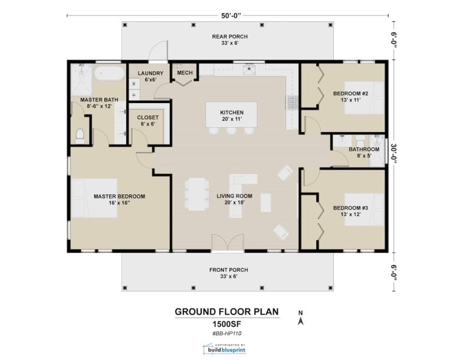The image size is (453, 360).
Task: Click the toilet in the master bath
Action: click(x=80, y=136)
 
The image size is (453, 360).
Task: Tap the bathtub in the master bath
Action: click(x=110, y=73)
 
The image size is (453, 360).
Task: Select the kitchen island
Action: click(x=231, y=115)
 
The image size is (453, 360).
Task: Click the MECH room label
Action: click(x=185, y=72)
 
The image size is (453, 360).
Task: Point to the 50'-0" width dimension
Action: click(x=231, y=15)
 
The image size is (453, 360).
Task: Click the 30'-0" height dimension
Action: click(x=393, y=156)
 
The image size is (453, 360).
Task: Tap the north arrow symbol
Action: click(x=300, y=318)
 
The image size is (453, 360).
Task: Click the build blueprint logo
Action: click(x=225, y=348)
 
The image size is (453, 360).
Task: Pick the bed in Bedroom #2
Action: click(x=364, y=98)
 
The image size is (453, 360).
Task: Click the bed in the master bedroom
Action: click(x=94, y=198)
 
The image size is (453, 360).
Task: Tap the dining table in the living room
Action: click(x=197, y=194)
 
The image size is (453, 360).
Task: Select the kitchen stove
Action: click(x=292, y=103)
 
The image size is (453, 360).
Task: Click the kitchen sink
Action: click(x=250, y=70)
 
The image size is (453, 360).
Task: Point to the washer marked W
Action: click(x=134, y=84)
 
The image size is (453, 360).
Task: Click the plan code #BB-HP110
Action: click(x=226, y=333)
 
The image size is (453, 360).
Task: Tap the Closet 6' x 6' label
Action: click(x=147, y=121)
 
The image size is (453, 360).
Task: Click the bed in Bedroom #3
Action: click(x=364, y=210)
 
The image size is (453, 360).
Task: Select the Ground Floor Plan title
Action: click(x=226, y=312)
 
